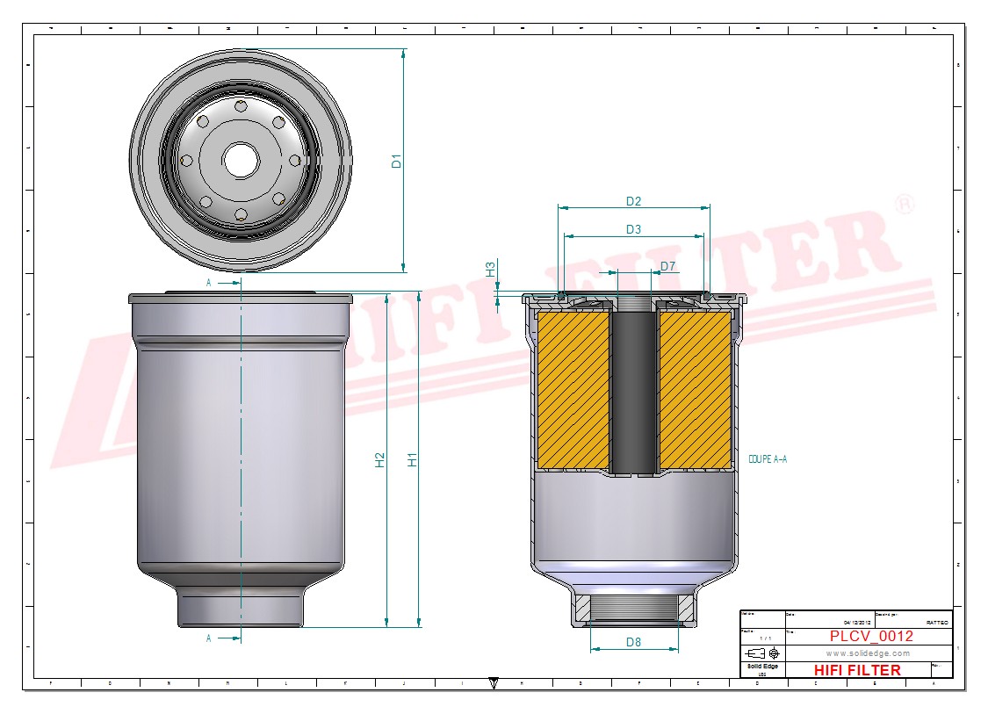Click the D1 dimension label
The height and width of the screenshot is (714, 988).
point(396,161)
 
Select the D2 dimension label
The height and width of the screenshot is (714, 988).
point(633,201)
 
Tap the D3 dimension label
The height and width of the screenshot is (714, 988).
point(633,229)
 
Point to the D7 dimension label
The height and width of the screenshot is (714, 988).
point(668,266)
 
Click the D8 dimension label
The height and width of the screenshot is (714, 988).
point(633,642)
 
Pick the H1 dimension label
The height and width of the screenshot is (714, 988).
point(412,459)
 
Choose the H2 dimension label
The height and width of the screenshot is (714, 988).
point(379,459)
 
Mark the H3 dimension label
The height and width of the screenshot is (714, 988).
point(491,269)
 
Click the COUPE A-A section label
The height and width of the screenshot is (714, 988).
point(768,459)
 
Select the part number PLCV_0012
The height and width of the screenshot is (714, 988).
point(871,636)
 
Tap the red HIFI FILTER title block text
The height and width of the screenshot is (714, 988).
point(856,670)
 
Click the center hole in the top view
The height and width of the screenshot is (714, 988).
point(240,160)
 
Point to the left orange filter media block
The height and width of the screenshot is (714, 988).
point(573,391)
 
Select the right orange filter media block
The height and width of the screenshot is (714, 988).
point(696,391)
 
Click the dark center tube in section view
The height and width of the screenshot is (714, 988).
point(634,391)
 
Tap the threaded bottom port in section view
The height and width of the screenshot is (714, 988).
point(634,609)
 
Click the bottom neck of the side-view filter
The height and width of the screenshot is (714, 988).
point(241,608)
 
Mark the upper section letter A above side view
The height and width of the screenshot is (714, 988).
point(208,283)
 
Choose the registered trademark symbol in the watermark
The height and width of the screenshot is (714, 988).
point(904,205)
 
